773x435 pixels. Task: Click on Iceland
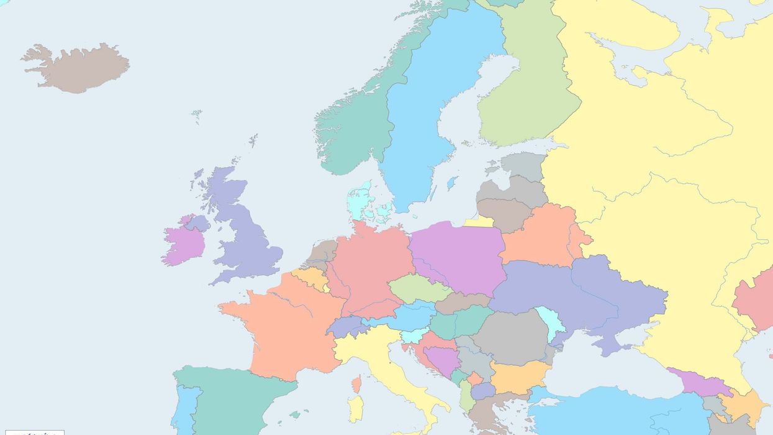click(78, 66)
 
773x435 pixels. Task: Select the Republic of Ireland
click(183, 244)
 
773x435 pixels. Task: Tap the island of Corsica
click(356, 384)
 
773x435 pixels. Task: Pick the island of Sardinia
click(355, 408)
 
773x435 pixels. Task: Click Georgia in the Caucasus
click(698, 381)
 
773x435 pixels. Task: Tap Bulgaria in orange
click(518, 376)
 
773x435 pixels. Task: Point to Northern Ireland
click(197, 222)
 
